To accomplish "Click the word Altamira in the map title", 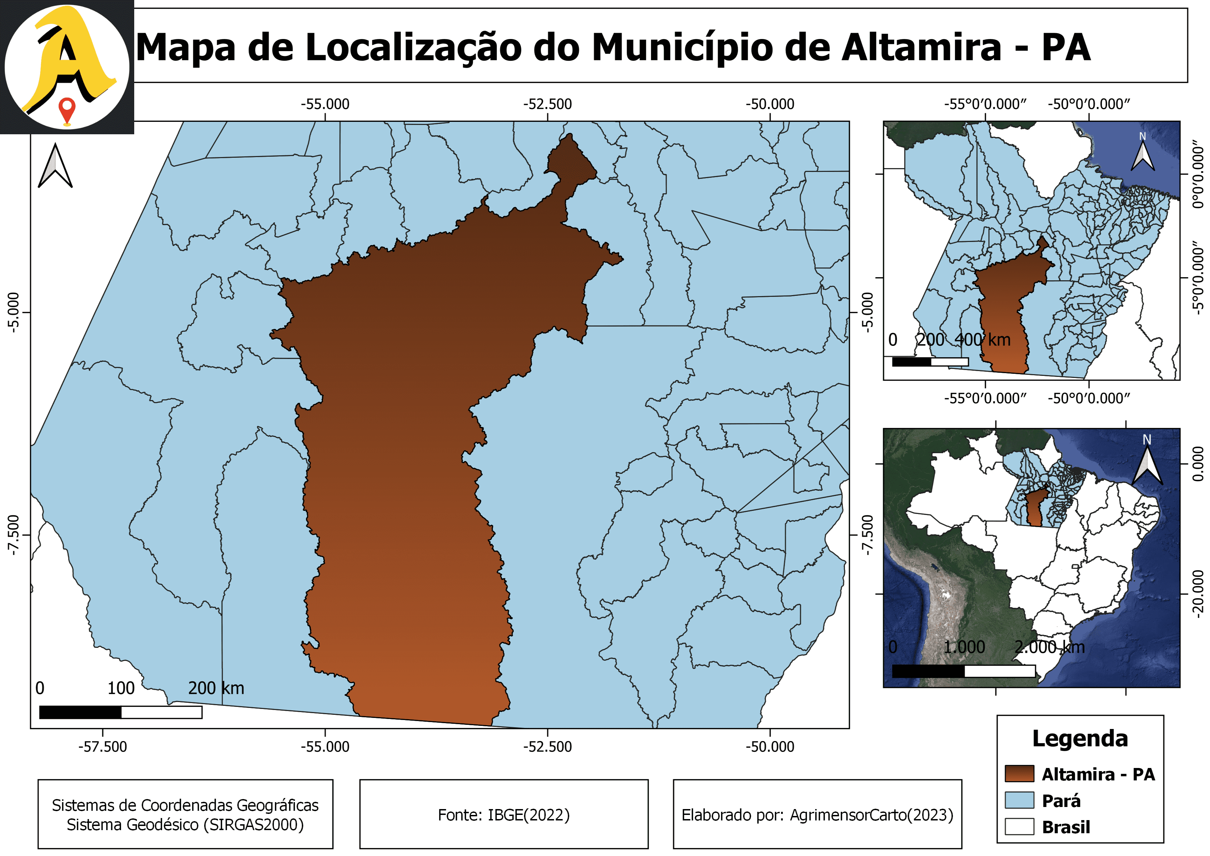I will click(921, 47).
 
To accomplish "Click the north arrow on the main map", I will click(55, 166).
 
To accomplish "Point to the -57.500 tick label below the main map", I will click(103, 747).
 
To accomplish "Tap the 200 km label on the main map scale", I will click(216, 688).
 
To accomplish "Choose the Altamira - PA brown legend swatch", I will click(1019, 774).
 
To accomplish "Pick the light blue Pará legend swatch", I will click(1019, 800).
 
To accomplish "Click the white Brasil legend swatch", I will click(1019, 826).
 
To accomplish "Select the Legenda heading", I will click(1080, 738).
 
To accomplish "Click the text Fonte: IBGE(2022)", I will click(504, 815).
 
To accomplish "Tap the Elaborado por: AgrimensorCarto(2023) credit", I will click(817, 815).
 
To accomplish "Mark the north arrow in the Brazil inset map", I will click(1147, 461).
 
